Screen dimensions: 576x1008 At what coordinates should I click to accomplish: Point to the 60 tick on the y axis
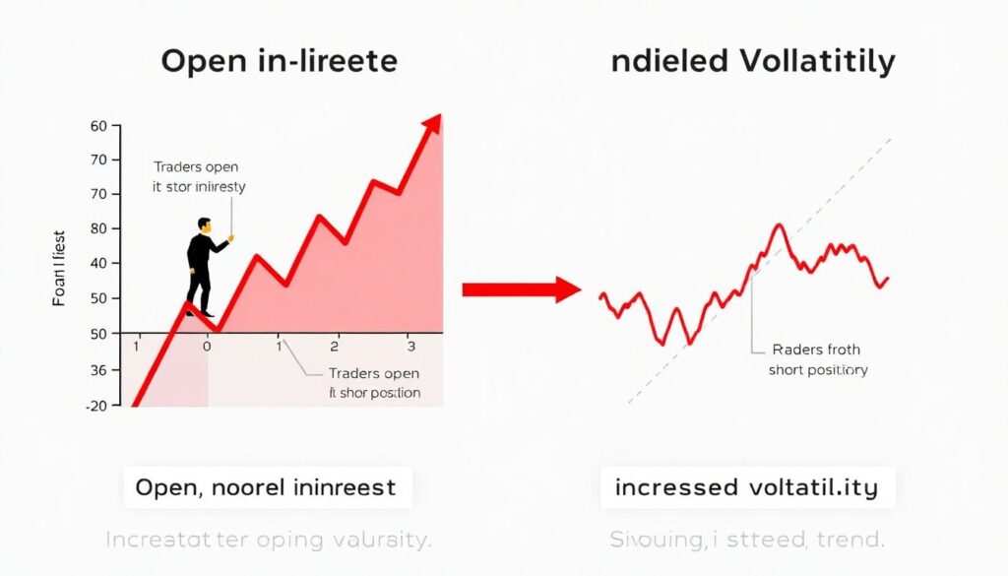pos(97,126)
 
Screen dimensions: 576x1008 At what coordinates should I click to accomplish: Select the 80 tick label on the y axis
pos(97,228)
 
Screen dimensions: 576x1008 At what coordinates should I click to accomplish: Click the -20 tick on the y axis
pos(94,406)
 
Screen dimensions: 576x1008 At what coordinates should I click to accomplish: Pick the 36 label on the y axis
pos(97,370)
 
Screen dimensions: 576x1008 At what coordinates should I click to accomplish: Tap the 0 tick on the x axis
pos(207,347)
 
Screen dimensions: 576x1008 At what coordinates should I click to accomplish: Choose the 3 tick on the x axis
pos(410,347)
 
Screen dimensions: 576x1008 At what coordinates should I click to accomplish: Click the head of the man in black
pos(205,225)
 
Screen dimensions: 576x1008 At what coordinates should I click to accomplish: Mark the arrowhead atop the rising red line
pos(431,126)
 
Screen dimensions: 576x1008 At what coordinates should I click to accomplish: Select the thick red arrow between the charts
pos(522,289)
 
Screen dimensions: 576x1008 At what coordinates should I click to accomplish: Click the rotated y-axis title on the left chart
pos(59,266)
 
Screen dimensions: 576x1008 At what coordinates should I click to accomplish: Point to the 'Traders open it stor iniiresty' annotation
pos(200,176)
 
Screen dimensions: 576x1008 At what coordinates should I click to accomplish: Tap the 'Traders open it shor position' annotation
pos(374,383)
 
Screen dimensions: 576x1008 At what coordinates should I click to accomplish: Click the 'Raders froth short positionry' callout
pos(817,359)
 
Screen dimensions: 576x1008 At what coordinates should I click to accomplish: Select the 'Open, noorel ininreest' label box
pos(266,487)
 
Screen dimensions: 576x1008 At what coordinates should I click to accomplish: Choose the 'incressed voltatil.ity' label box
pos(748,487)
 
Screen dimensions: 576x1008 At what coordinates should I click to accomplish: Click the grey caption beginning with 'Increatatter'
pos(268,540)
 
